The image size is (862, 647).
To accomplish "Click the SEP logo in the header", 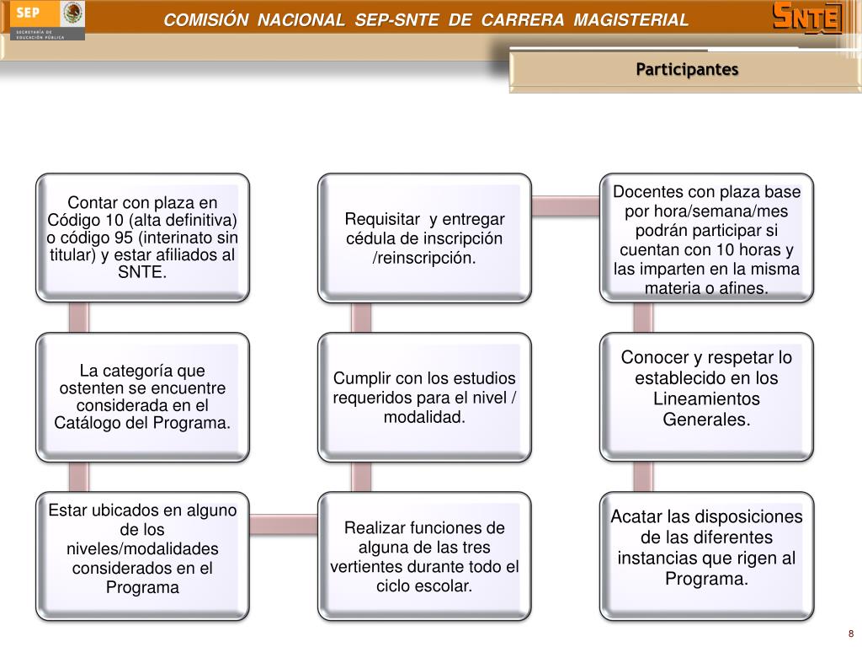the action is point(47,20).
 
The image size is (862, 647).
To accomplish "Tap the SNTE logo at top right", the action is point(807,19).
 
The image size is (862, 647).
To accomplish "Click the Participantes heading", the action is point(687,69).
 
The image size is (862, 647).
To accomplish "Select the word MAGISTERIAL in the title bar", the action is point(631,20).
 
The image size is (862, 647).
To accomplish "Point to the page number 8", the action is point(851,634).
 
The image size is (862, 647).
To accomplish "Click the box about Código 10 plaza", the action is point(142,238).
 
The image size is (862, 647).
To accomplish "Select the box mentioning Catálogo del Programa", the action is point(142,397).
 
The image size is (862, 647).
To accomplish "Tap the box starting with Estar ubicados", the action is point(142,556).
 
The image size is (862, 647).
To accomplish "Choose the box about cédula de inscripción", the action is point(424,238).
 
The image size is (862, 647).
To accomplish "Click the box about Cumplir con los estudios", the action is point(424,397).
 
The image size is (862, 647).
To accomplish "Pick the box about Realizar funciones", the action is point(424,556).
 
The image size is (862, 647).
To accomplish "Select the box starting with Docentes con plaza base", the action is point(706,238).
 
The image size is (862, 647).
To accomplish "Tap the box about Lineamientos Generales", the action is point(706,397).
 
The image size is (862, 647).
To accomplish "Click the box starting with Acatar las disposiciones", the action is point(706,556).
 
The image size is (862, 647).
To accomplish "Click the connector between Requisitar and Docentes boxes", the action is point(566,206).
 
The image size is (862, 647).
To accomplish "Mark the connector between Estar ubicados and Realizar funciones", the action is point(284,524).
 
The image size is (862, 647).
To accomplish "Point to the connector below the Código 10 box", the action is point(78,318).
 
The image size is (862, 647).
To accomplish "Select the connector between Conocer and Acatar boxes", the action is point(643,477).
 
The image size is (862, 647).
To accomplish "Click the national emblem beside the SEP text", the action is point(72,13).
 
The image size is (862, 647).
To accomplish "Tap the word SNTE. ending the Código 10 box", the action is point(142,272).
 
